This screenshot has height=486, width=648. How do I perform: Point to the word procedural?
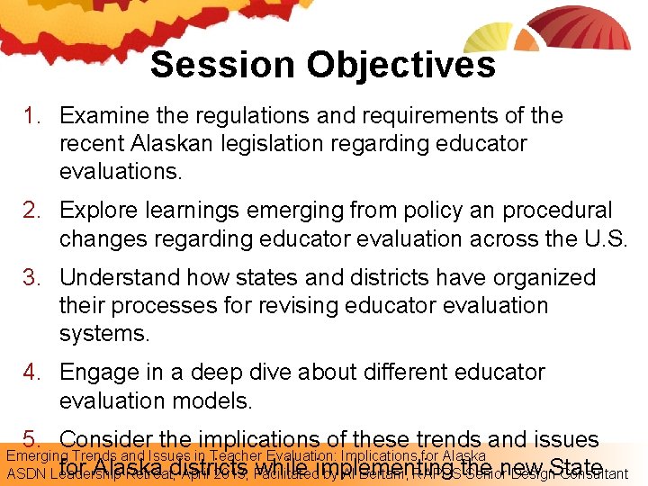[557, 211]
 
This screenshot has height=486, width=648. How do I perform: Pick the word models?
[246, 400]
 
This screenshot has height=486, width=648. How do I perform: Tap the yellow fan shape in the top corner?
[488, 36]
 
